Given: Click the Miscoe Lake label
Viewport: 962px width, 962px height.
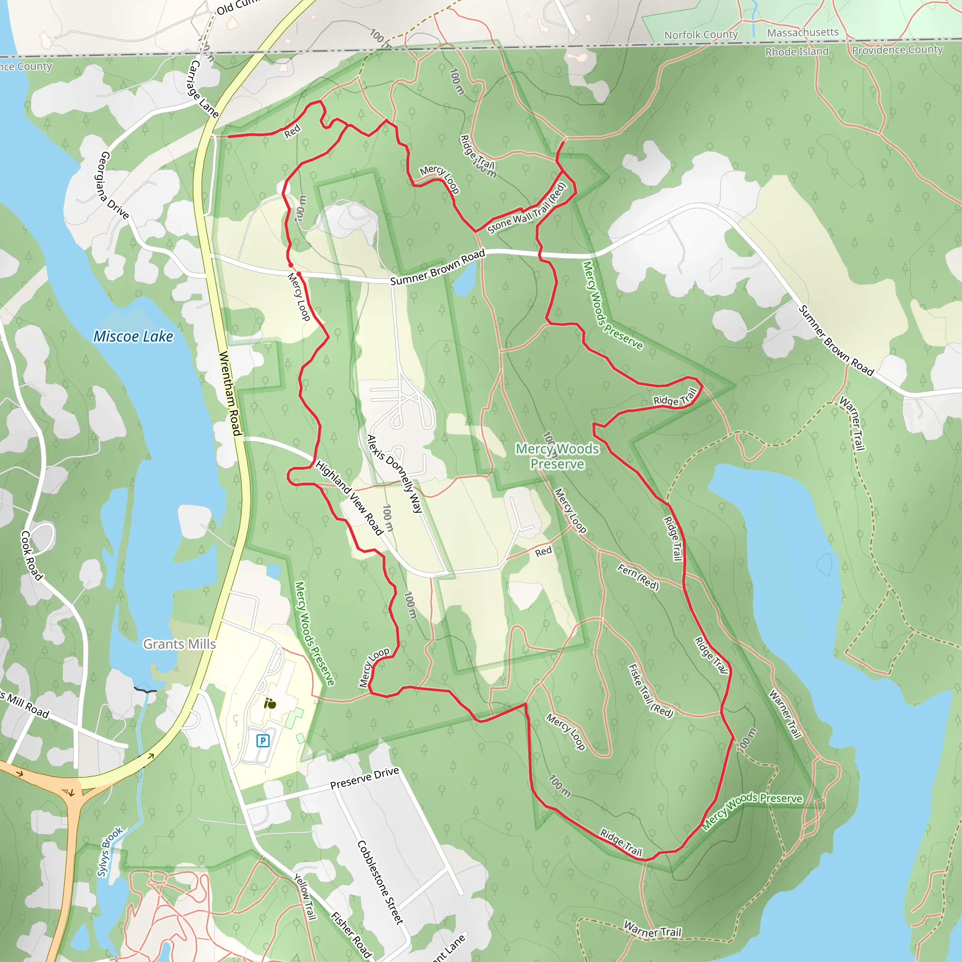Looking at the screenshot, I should coord(133,337).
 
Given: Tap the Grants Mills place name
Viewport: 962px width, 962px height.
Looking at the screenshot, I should coord(179,644).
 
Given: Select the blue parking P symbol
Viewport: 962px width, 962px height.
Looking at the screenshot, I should coord(263,740).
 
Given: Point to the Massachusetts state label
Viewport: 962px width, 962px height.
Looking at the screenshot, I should coord(803,33).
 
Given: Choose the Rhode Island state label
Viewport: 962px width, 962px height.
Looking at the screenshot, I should coord(797,52).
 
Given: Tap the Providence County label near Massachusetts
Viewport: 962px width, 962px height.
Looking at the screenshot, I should coord(897,50).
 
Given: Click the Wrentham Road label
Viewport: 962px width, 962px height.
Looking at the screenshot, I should coord(230,393).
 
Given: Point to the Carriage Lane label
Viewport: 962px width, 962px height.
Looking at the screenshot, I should coord(203,89).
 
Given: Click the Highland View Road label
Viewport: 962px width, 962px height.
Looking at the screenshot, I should coord(349,497).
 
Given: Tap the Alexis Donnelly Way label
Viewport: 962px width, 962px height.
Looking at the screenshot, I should coord(395,473).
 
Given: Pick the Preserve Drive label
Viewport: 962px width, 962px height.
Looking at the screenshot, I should coord(365,778).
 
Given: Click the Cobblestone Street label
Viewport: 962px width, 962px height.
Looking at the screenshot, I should coord(380,882).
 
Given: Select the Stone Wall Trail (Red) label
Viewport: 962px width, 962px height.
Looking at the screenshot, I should coord(527,209).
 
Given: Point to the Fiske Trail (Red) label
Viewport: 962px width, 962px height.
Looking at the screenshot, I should coord(650,691).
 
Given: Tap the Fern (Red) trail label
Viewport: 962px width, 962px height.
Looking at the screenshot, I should coord(638,577).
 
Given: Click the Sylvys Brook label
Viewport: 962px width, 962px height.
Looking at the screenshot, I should coord(109,852).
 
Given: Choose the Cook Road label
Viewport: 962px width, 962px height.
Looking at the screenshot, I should coord(31,555).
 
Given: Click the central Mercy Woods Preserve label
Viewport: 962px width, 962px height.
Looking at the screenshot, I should coord(557,456).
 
